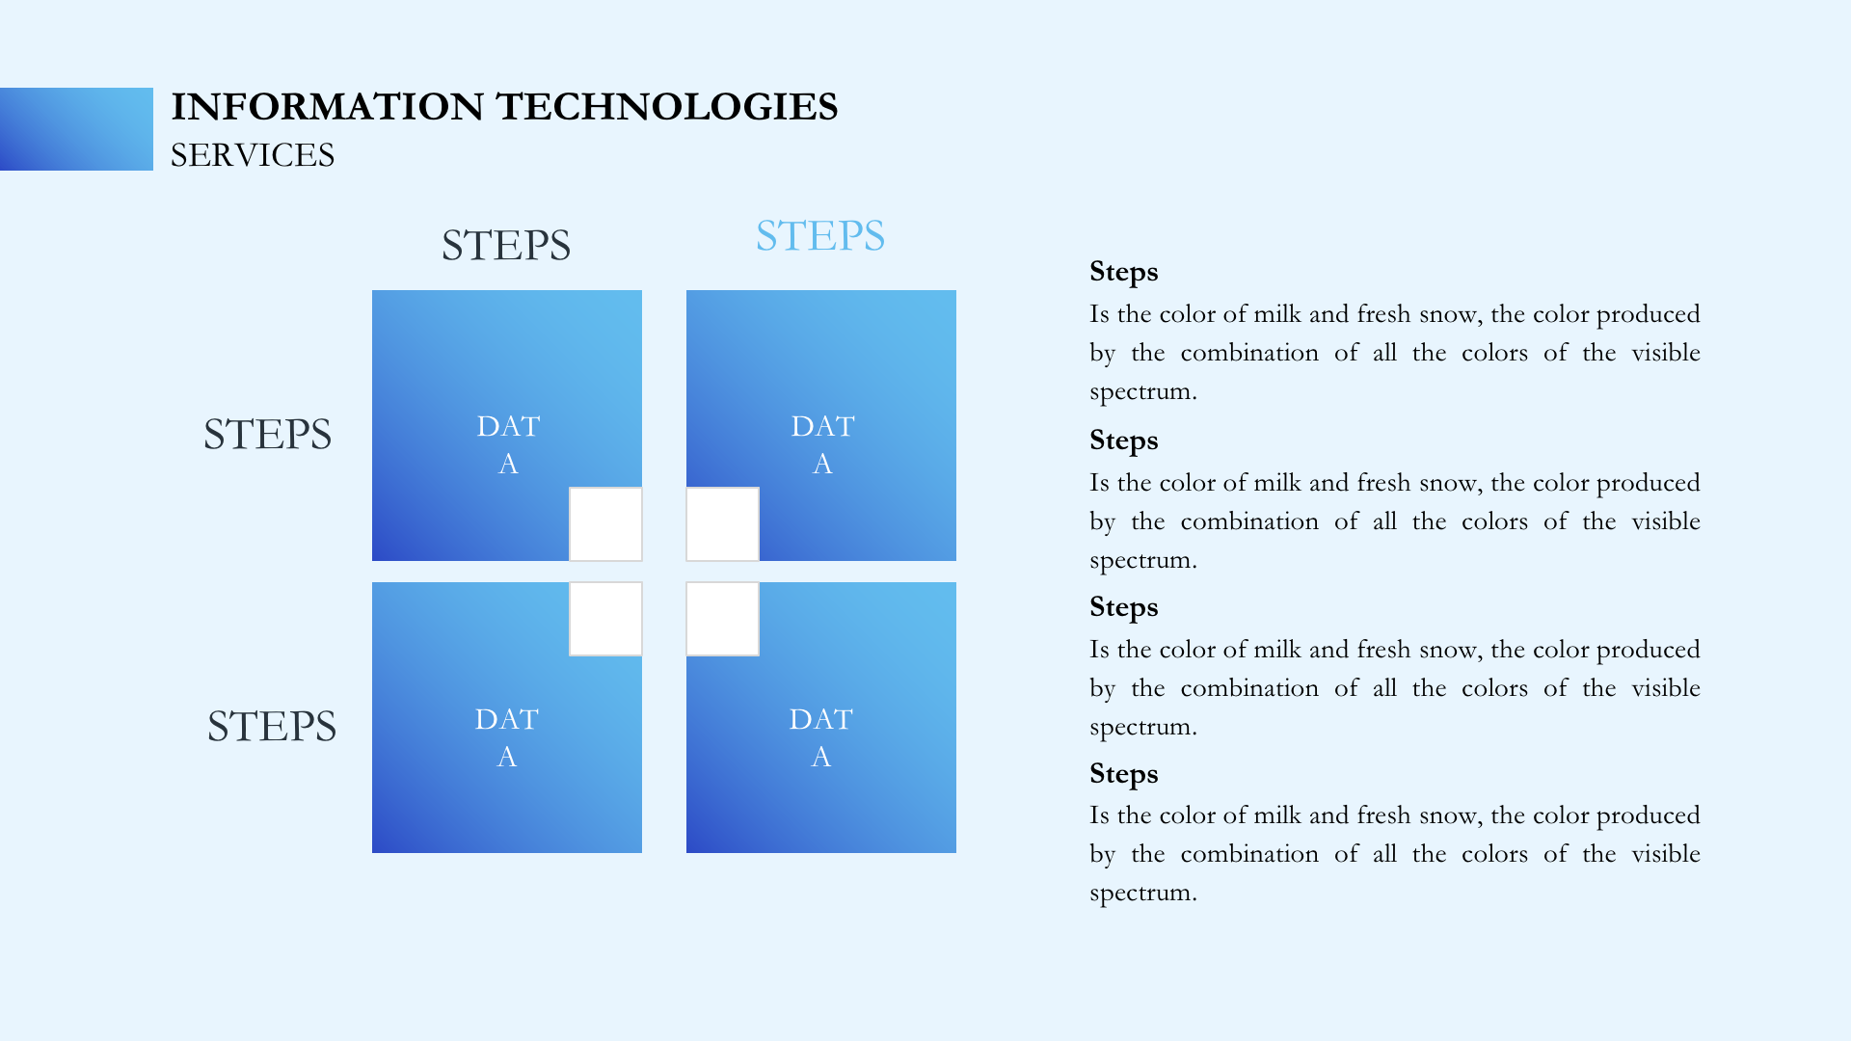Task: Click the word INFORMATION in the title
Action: (328, 107)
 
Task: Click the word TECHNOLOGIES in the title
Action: (667, 107)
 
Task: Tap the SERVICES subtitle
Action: (253, 155)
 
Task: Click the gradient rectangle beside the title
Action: (76, 129)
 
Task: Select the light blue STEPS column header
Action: (820, 236)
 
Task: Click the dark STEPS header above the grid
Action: (506, 246)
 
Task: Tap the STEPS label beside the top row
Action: (267, 435)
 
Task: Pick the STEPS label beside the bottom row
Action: (272, 727)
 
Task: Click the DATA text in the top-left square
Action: (508, 444)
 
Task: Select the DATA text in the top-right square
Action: (822, 444)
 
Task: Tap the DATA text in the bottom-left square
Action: (506, 737)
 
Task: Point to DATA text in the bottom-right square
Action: (820, 737)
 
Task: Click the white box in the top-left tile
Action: (605, 524)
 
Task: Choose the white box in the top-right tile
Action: (723, 524)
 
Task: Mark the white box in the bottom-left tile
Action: (605, 619)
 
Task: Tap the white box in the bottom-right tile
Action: (723, 619)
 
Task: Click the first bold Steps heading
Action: (1124, 273)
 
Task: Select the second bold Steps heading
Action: (1124, 441)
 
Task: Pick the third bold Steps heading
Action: (1124, 608)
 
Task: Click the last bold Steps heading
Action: (1124, 775)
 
